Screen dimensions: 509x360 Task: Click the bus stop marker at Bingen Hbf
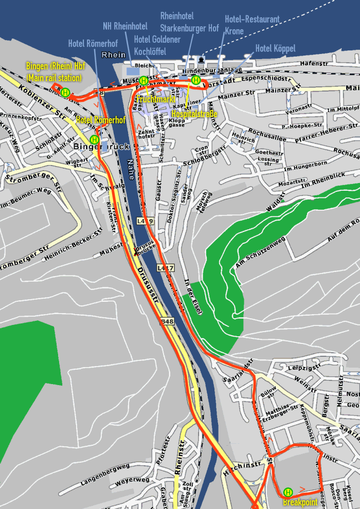click(65, 93)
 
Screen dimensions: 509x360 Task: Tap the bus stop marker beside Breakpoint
click(288, 492)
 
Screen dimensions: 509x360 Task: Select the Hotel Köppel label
click(275, 48)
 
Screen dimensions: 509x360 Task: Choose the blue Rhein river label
click(114, 55)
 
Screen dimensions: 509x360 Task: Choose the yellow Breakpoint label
click(300, 502)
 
